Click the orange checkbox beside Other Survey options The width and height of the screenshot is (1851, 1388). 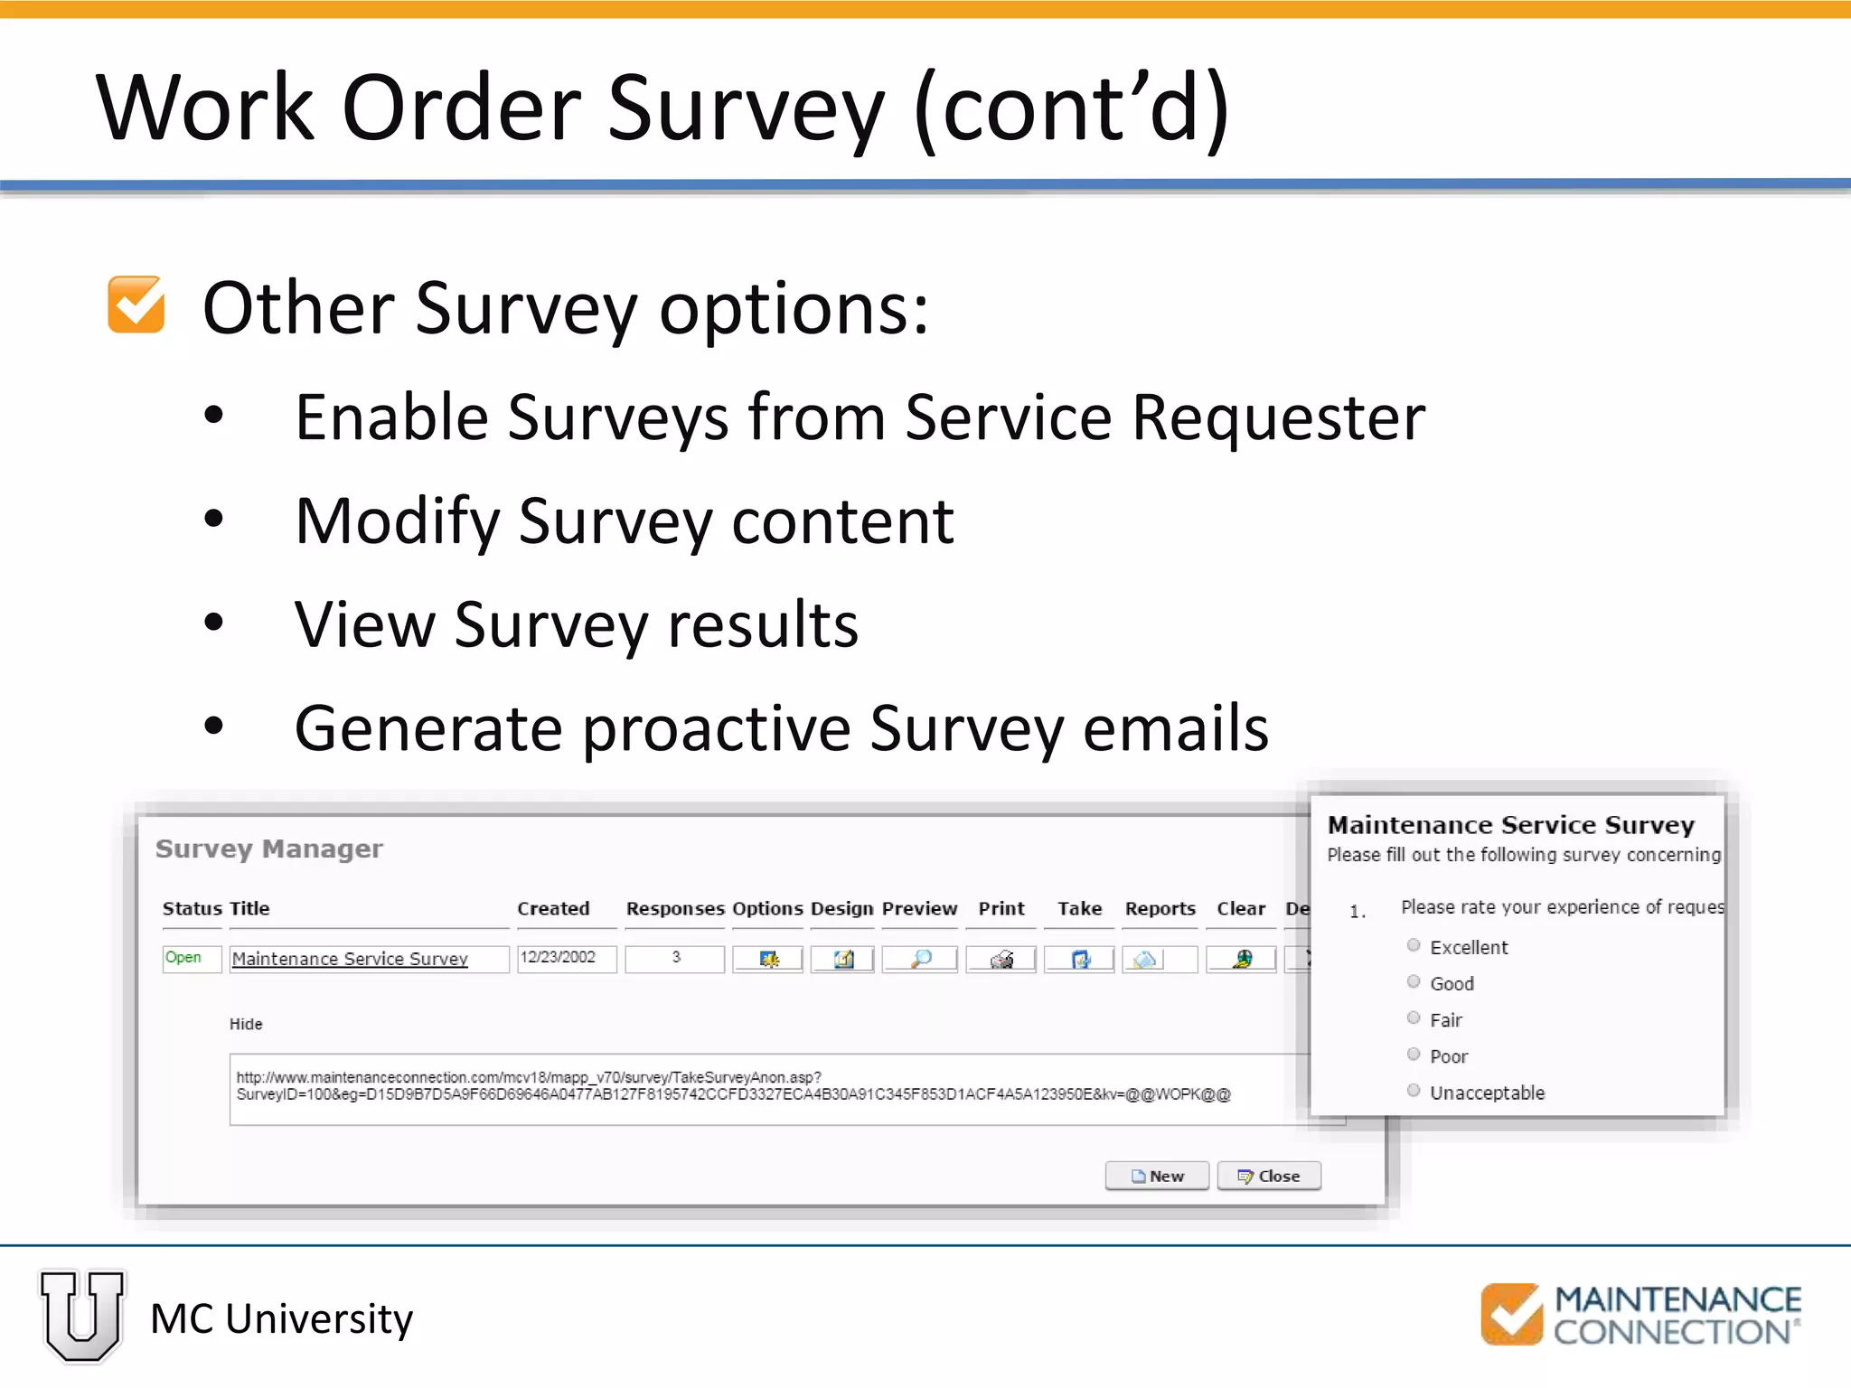(136, 305)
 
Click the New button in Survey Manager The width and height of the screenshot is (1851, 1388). (1157, 1176)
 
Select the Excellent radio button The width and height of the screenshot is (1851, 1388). (1414, 946)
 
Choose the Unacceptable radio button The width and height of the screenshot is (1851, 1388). (1414, 1091)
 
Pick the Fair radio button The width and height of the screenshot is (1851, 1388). (1414, 1018)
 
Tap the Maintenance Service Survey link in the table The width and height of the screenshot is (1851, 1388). (350, 959)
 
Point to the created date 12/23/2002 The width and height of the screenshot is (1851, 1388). (559, 958)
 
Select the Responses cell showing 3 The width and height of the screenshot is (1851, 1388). (675, 958)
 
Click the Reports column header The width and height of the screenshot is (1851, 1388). (1160, 908)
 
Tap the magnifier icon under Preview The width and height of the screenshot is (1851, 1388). (920, 959)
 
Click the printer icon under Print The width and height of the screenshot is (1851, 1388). (1001, 959)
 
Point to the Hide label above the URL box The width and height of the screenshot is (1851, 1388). (246, 1024)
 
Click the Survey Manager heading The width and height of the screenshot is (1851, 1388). (269, 849)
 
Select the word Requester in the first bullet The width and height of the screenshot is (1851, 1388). (1278, 418)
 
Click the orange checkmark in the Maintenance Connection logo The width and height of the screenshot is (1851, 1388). (1511, 1314)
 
